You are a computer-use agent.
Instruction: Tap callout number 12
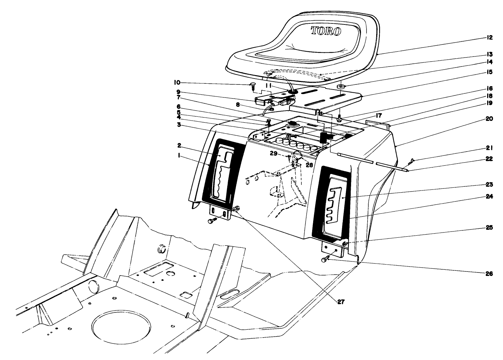coord(490,38)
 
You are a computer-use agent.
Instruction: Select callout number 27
coord(340,301)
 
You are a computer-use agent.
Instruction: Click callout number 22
coord(490,159)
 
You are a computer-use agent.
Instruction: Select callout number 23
coord(490,184)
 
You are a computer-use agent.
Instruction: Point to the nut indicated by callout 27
coord(236,209)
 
